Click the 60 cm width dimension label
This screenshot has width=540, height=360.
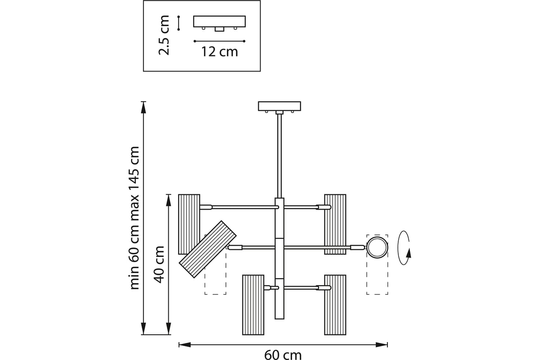point(283,355)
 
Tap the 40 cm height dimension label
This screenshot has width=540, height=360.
point(159,264)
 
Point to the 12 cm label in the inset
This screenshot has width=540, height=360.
point(220,52)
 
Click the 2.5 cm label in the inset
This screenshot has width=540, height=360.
point(164,35)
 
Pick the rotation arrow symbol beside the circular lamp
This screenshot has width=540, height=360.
point(404,248)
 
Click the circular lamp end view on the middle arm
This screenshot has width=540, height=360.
point(377,247)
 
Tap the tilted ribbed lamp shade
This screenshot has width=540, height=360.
point(207,249)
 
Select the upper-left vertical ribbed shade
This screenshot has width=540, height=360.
point(189,224)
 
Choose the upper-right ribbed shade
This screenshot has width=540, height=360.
point(335,224)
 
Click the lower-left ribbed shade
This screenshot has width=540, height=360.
point(253,305)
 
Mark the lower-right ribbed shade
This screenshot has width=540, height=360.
point(335,305)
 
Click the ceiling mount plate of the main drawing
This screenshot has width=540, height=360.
point(279,106)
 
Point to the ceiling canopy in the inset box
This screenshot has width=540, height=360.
point(220,22)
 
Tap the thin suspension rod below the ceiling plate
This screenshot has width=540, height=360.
point(279,156)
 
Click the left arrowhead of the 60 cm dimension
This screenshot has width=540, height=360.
point(184,345)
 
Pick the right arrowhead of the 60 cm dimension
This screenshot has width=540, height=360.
point(382,345)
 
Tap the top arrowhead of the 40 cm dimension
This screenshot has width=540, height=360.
point(168,200)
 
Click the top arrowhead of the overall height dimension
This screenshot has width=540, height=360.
point(144,108)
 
